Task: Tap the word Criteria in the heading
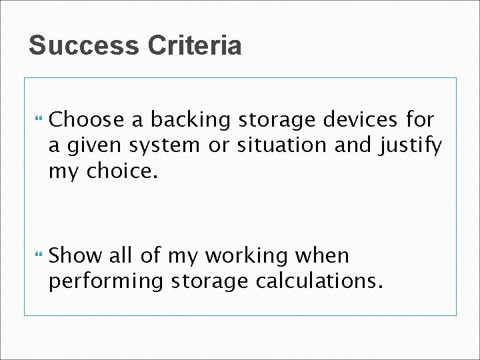(x=195, y=46)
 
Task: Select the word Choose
(x=87, y=120)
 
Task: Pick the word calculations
(x=319, y=281)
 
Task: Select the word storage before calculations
(x=210, y=282)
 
